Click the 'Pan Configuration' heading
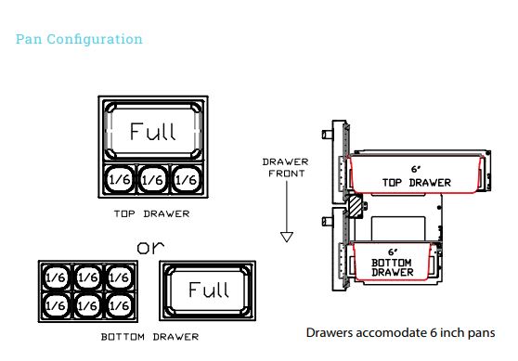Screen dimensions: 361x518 click(79, 39)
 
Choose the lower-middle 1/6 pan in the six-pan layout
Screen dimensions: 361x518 click(89, 303)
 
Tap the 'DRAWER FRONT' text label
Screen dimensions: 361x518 click(286, 168)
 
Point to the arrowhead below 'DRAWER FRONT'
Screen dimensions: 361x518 click(286, 237)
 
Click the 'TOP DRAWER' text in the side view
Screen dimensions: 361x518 click(415, 181)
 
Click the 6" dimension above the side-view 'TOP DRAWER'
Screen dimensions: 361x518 click(415, 167)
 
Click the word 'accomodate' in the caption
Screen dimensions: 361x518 click(391, 331)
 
